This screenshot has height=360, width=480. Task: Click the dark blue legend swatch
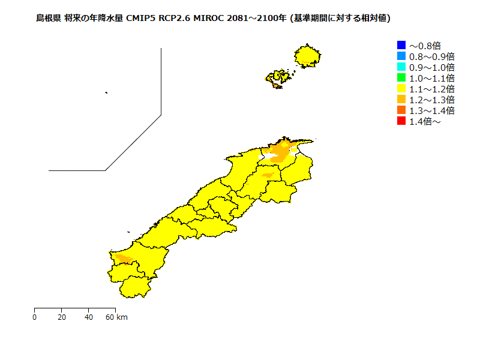click(401, 45)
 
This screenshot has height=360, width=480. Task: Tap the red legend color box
click(401, 121)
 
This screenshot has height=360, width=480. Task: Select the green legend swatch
click(401, 77)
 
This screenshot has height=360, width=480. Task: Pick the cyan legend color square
click(401, 67)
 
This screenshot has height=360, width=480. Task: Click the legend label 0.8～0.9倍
click(431, 56)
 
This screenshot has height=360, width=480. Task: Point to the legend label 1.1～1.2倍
click(431, 89)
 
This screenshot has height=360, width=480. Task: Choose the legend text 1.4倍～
click(425, 122)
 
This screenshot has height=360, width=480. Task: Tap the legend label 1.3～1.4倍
click(431, 110)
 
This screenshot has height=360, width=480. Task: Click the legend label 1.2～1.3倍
click(431, 100)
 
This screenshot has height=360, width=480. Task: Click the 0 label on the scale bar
click(35, 317)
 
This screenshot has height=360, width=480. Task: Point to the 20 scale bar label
click(62, 317)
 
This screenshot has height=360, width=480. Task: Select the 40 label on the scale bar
click(89, 317)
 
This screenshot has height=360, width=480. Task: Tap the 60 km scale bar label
click(116, 317)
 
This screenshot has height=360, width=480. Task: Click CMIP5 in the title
click(137, 18)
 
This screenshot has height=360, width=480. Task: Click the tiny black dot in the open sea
click(106, 92)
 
